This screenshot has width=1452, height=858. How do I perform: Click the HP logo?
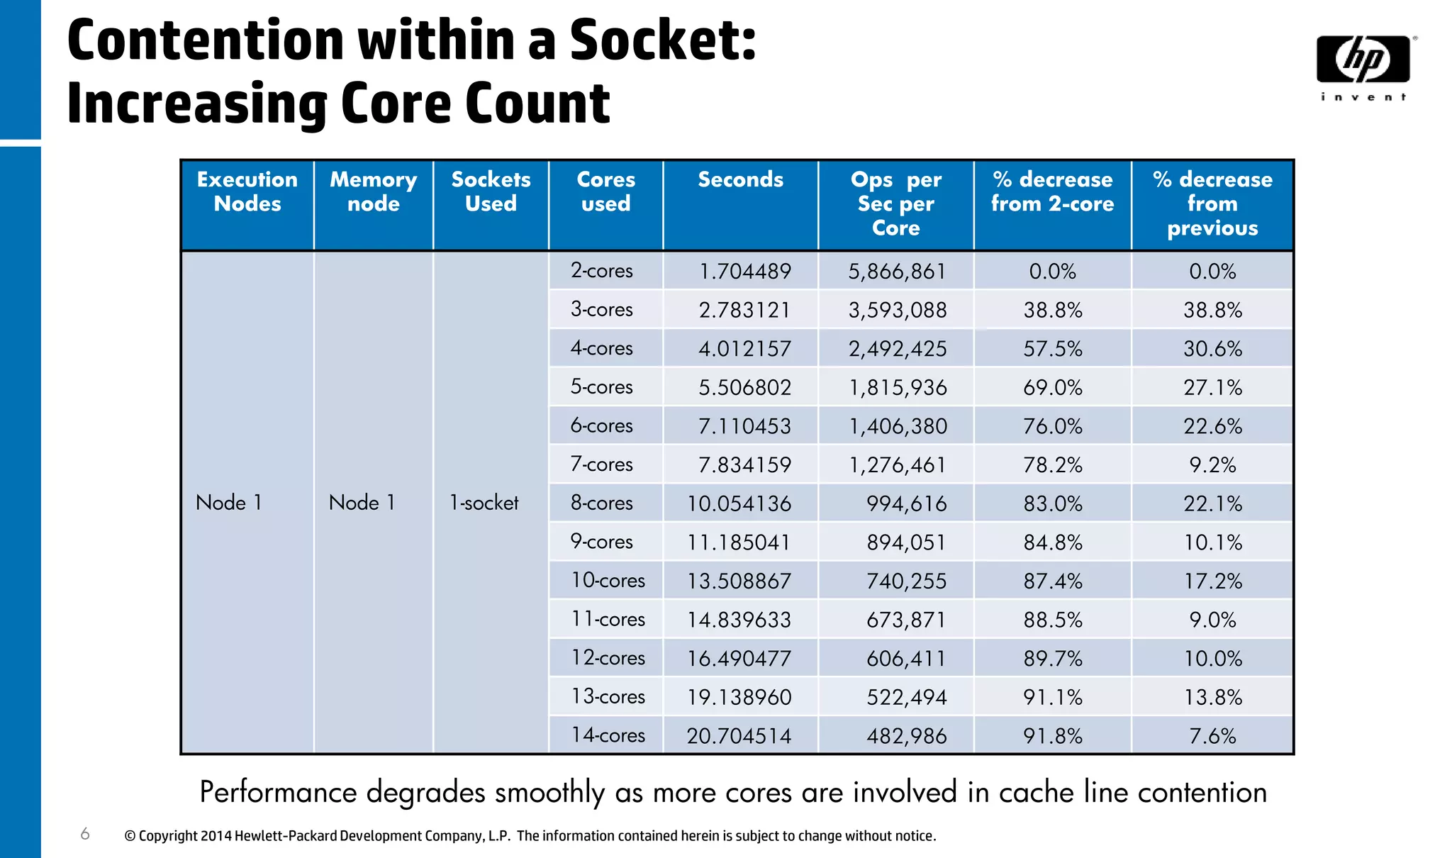tap(1363, 60)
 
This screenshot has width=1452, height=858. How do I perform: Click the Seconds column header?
tap(740, 180)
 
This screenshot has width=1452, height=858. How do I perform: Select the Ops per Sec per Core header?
tap(895, 204)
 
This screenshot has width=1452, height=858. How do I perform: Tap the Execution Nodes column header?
tap(247, 192)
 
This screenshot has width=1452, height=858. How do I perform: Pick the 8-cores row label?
tap(601, 503)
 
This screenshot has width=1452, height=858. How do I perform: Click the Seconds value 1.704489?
tap(744, 272)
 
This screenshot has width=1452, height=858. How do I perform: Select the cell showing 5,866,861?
tap(897, 272)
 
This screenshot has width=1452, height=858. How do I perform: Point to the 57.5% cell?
tap(1052, 349)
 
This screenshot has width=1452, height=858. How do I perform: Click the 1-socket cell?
tap(484, 503)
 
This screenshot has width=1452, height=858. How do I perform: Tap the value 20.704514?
tap(739, 736)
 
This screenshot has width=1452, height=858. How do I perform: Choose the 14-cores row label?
tap(608, 735)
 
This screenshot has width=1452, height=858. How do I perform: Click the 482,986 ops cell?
tap(906, 736)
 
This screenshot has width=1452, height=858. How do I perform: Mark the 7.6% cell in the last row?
tap(1212, 736)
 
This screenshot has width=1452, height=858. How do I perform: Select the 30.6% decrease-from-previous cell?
tap(1212, 349)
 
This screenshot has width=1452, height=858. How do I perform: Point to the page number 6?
tap(85, 834)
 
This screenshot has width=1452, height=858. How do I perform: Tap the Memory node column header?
tap(373, 192)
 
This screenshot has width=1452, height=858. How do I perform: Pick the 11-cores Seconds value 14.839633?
tap(739, 620)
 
